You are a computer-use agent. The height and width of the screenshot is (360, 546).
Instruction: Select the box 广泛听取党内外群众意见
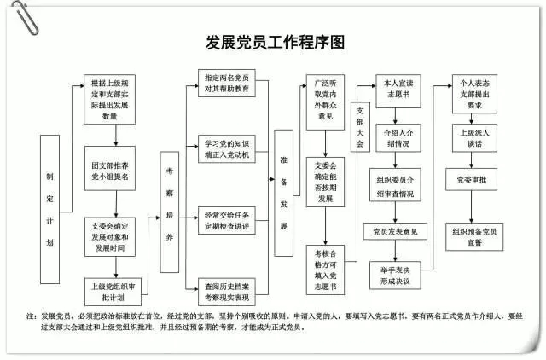(325, 99)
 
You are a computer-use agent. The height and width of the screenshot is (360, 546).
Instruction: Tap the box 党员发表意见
(396, 231)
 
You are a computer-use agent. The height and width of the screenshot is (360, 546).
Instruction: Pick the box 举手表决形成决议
(396, 275)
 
